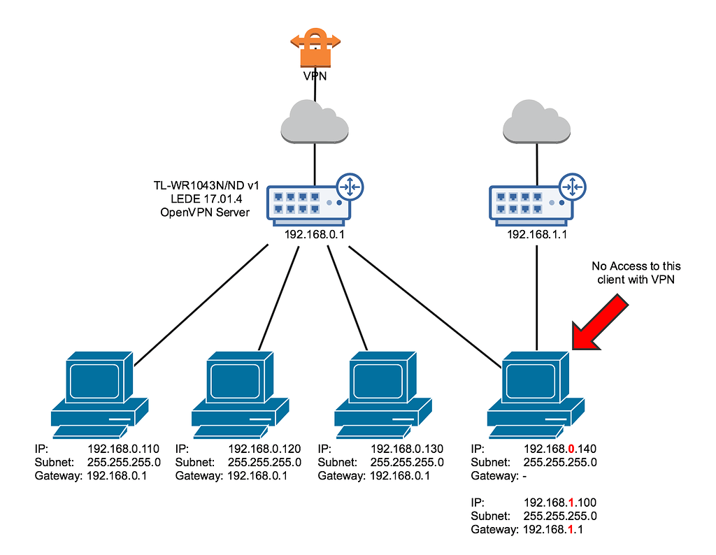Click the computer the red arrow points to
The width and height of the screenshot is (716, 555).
536,391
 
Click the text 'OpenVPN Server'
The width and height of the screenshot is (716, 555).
203,212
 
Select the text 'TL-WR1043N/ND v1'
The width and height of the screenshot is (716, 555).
206,186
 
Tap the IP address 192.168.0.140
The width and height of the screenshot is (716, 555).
559,449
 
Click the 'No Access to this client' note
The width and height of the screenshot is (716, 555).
636,273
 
